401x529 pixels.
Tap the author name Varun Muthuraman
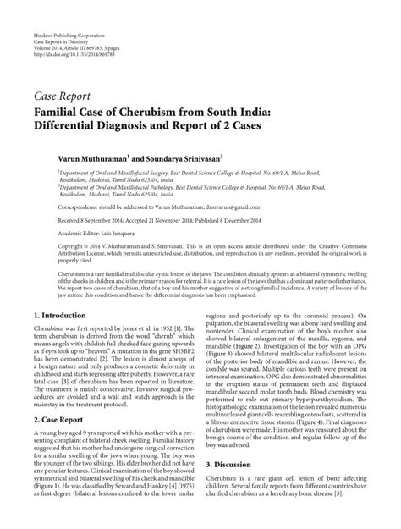click(102, 157)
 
